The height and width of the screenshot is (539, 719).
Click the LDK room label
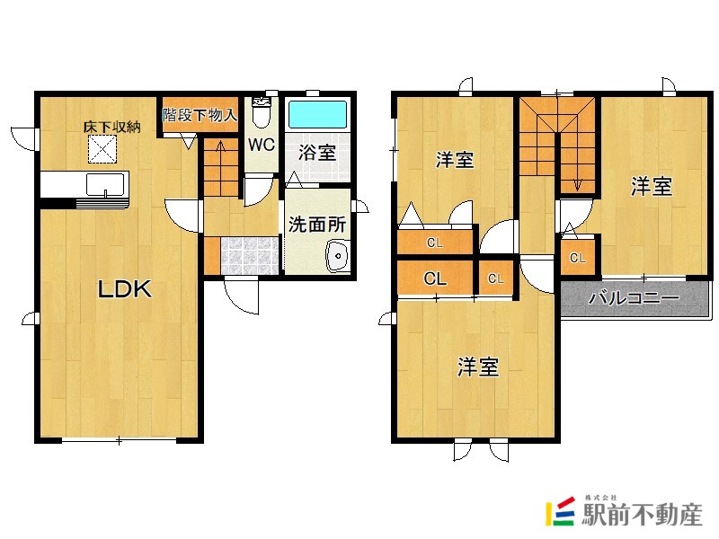pos(124,289)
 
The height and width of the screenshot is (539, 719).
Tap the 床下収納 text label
pos(111,127)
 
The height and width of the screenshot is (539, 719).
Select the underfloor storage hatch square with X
pos(102,149)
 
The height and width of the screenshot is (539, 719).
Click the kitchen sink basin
pos(105,185)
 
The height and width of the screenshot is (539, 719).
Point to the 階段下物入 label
pos(200,115)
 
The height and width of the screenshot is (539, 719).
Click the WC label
pos(262,145)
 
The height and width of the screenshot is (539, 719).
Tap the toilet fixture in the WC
pos(262,112)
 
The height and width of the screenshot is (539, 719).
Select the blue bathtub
pos(317,115)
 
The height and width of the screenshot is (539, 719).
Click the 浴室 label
pos(317,153)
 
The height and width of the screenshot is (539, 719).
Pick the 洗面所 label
pos(317,225)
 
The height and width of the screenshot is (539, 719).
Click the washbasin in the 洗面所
pos(339,257)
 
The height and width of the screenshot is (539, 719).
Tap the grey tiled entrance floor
pos(250,255)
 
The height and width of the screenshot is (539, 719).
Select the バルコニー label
pos(634,298)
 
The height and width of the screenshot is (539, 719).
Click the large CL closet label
pos(435,278)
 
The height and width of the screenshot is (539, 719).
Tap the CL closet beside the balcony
pos(577,258)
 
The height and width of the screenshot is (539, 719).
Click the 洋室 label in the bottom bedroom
pos(477,367)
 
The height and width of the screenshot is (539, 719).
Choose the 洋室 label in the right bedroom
pos(651,187)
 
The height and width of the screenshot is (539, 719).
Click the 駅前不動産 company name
pos(642,514)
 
